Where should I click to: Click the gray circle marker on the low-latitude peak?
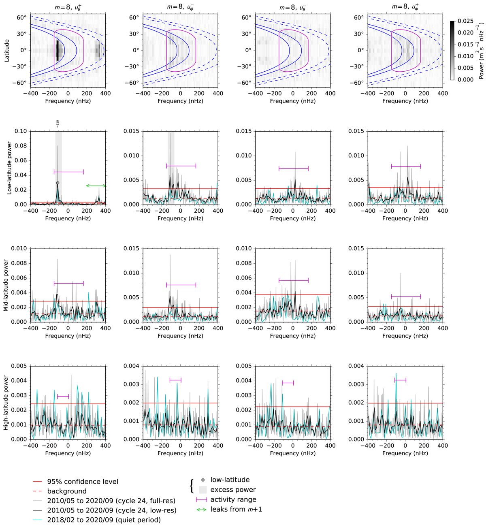click(x=58, y=183)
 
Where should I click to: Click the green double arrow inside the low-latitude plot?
click(x=96, y=186)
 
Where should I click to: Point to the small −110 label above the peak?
click(x=58, y=123)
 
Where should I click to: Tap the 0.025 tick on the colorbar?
click(x=465, y=21)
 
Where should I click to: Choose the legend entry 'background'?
click(x=67, y=491)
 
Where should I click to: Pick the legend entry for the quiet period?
click(x=104, y=520)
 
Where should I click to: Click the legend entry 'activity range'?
click(x=233, y=499)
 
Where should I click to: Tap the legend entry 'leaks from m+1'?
click(x=236, y=509)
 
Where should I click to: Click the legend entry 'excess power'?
click(x=233, y=490)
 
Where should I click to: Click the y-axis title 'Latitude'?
click(x=7, y=51)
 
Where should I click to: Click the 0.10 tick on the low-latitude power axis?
click(x=21, y=131)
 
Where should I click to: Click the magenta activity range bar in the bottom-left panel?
click(x=63, y=396)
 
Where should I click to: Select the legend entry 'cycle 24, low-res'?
click(x=112, y=510)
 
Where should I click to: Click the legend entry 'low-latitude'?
click(x=230, y=480)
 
